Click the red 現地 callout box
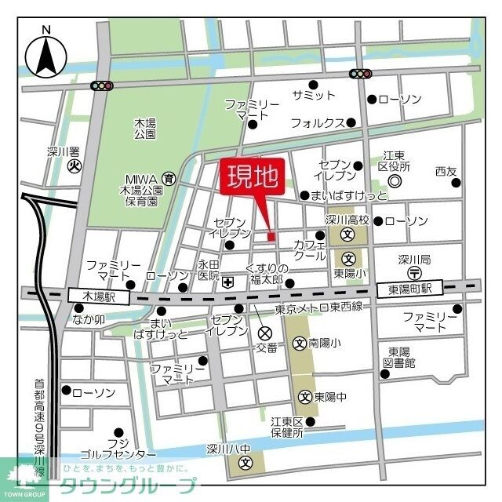pos(253,177)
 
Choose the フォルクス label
pos(318,123)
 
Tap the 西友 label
pos(446,171)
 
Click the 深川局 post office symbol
pos(416,272)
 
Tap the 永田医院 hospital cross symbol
pos(227,282)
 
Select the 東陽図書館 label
pos(400,358)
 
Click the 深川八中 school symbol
pos(246,463)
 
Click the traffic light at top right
pos(360,74)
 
